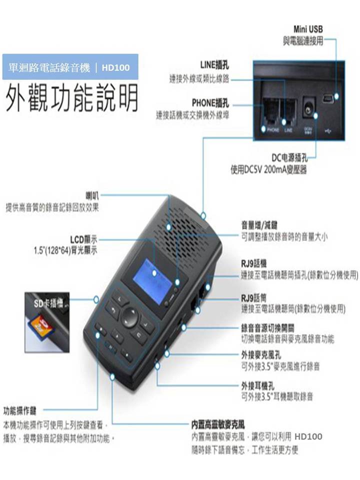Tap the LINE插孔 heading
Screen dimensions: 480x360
pyautogui.click(x=215, y=65)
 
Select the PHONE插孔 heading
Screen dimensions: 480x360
pyautogui.click(x=210, y=103)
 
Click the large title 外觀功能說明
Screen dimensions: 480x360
pyautogui.click(x=71, y=100)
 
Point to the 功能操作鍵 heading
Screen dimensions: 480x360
pyautogui.click(x=19, y=411)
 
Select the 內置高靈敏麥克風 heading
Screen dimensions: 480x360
pyautogui.click(x=217, y=425)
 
